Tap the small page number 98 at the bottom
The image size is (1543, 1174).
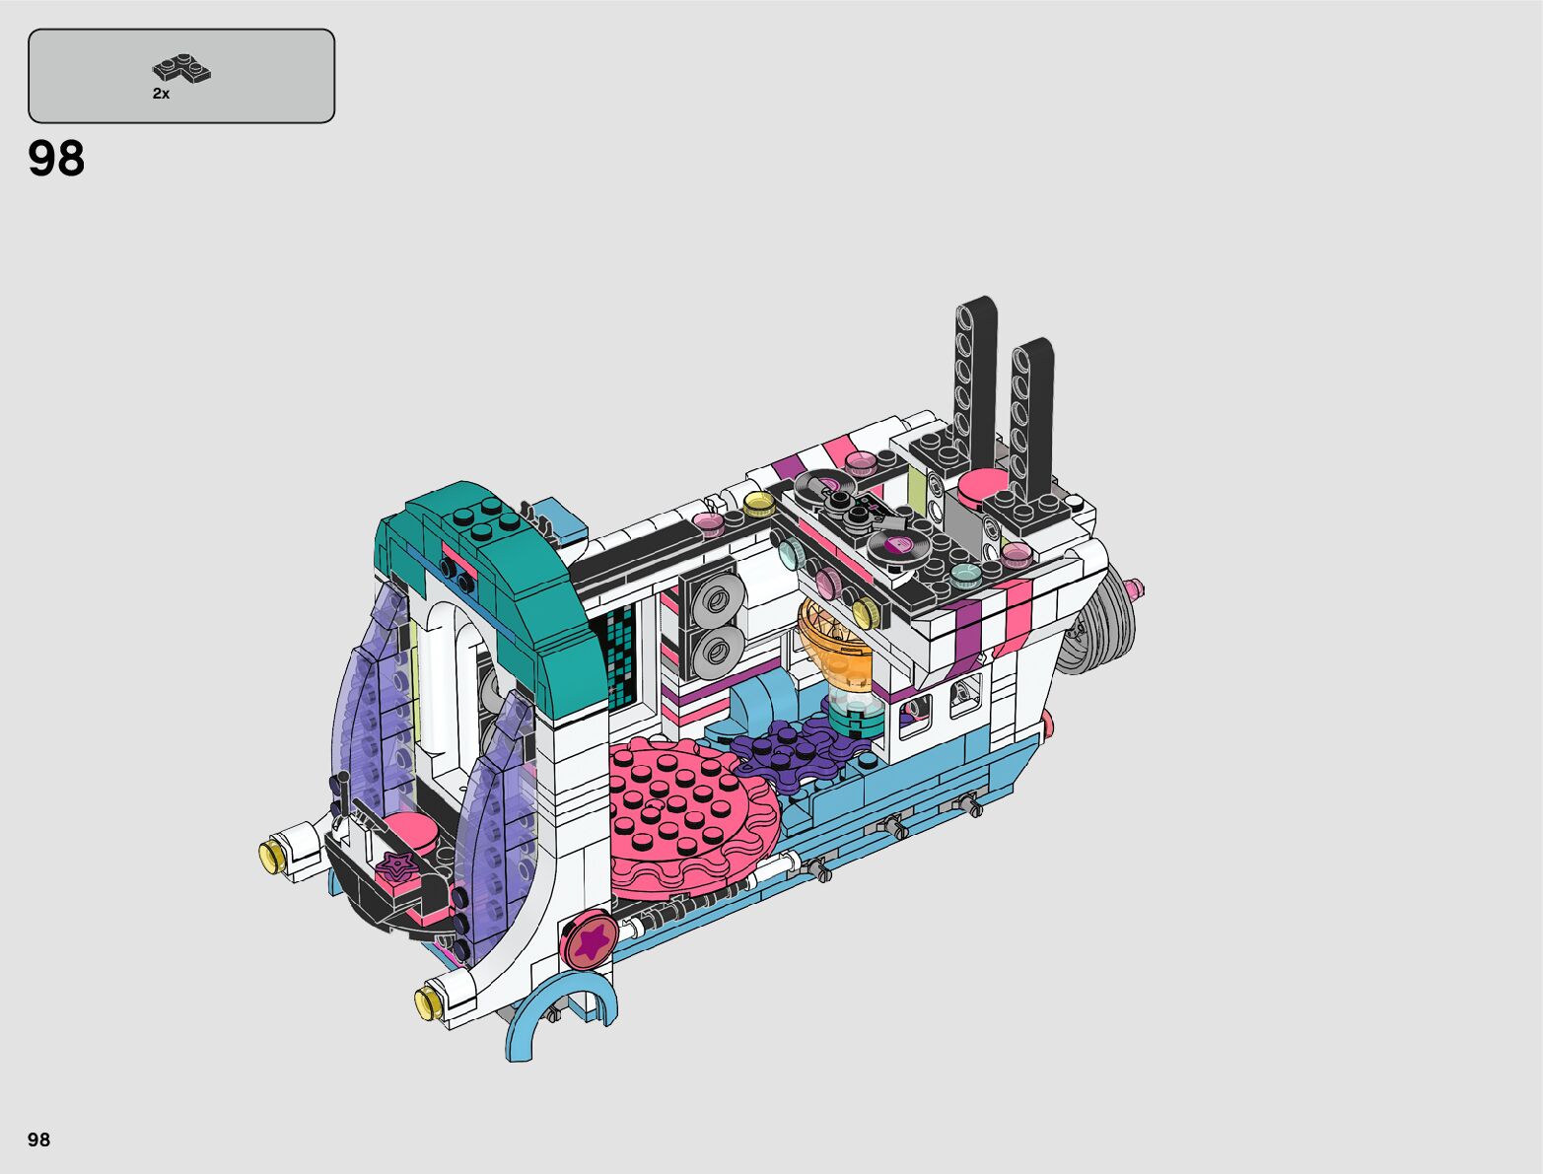point(38,1139)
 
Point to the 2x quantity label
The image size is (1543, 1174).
point(161,94)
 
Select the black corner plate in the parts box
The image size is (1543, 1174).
point(181,68)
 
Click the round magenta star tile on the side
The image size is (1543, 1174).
point(591,940)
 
